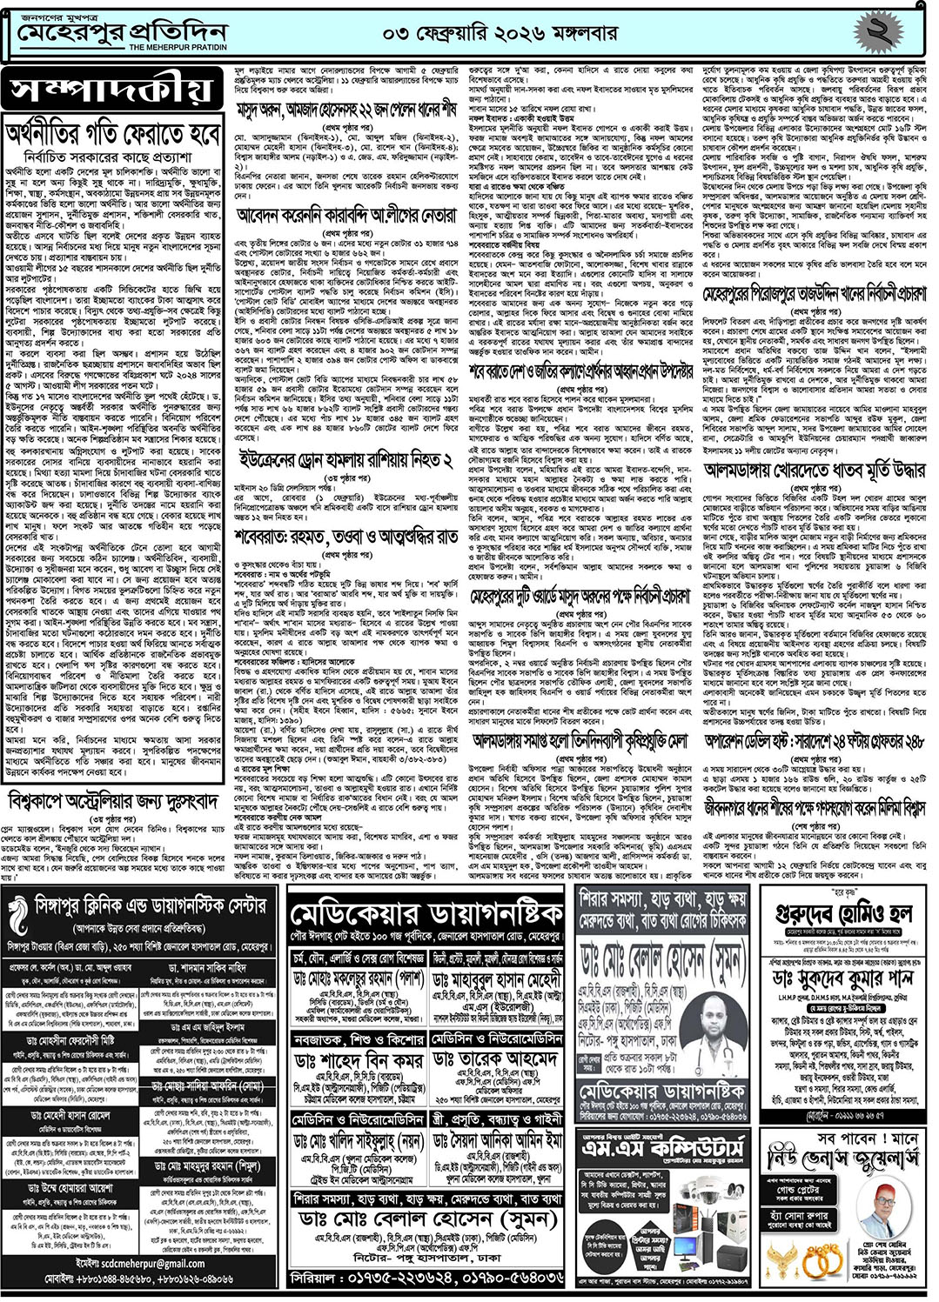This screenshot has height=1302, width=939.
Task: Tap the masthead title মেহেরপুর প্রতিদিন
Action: [122, 32]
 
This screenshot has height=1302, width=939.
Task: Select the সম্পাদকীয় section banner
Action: [111, 90]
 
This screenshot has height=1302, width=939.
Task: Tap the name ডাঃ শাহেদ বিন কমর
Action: [359, 1061]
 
